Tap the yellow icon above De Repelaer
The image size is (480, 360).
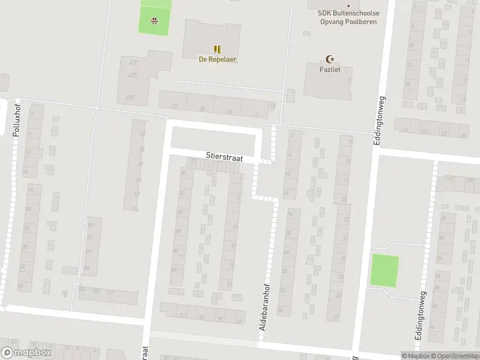(217, 49)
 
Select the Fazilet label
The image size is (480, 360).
(329, 70)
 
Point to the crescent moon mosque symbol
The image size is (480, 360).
(329, 59)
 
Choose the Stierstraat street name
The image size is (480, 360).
(224, 157)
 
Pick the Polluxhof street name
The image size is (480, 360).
(17, 120)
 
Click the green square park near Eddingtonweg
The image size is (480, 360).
(384, 271)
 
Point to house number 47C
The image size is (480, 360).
(133, 62)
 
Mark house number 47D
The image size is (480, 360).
(133, 76)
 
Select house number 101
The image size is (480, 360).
(91, 226)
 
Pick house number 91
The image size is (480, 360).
(88, 252)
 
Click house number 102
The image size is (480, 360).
(95, 290)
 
